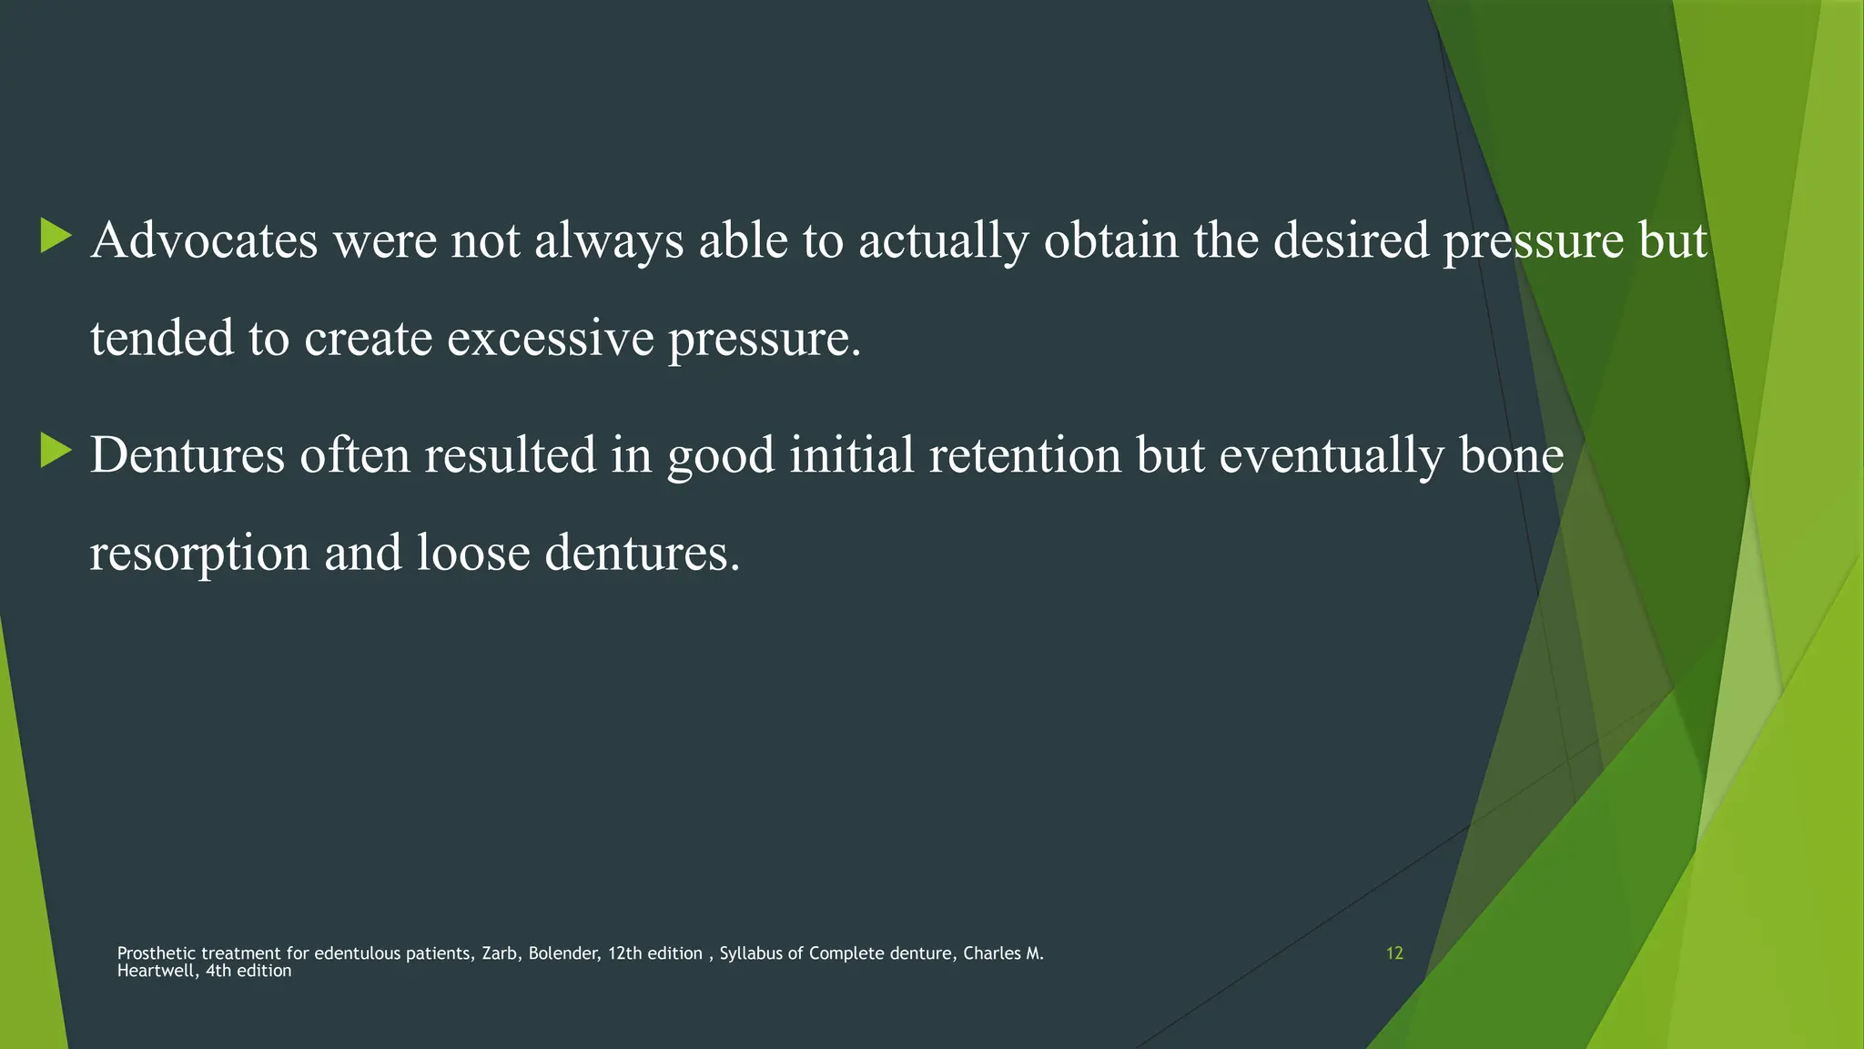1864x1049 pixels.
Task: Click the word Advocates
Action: pos(204,240)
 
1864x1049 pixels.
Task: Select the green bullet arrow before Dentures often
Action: pos(56,452)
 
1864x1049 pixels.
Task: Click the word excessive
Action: pos(550,339)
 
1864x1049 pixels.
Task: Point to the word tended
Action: pos(162,339)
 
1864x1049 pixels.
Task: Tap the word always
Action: pos(609,242)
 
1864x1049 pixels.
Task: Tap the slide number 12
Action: pos(1394,953)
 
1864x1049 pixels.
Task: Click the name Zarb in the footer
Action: pos(500,953)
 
